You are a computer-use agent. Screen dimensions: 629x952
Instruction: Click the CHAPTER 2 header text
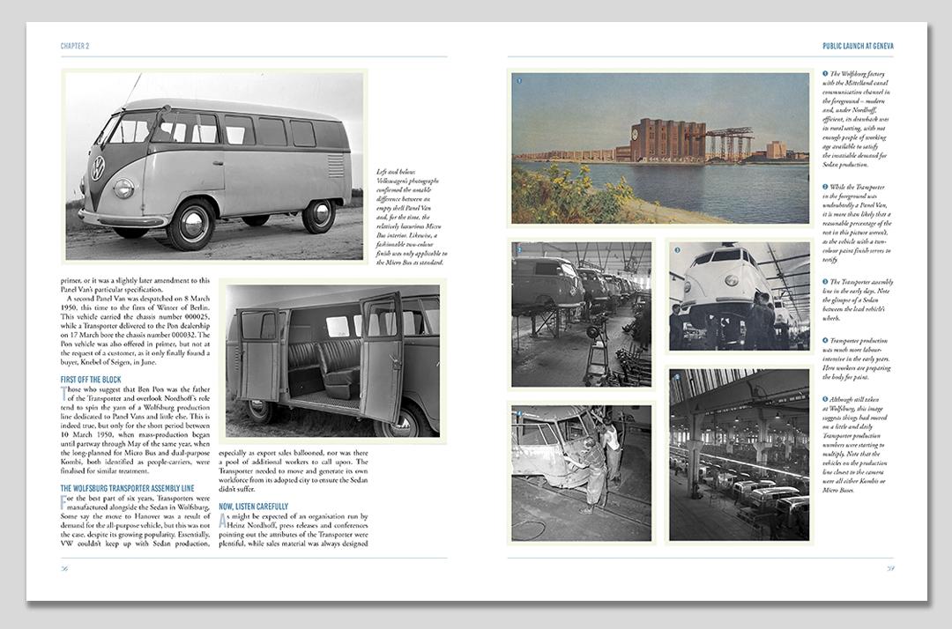click(x=74, y=46)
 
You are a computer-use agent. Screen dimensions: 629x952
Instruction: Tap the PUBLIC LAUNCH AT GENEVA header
click(x=857, y=46)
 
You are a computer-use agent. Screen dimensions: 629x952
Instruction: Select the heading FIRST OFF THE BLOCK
click(x=90, y=380)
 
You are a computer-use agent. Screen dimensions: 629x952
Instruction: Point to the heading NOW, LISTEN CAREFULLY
click(x=257, y=507)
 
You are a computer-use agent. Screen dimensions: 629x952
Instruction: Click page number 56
click(x=64, y=568)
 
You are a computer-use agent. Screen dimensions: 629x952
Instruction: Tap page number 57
click(x=891, y=568)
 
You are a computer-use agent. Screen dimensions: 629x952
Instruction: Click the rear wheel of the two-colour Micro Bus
click(x=318, y=216)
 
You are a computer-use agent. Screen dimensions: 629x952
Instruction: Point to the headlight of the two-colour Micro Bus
click(x=124, y=188)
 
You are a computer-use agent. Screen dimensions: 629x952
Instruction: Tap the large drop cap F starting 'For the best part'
click(x=64, y=502)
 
